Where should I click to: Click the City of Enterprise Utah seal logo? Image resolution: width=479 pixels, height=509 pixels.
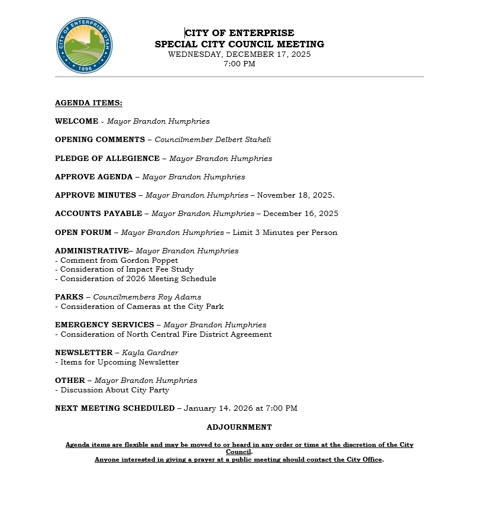(x=84, y=45)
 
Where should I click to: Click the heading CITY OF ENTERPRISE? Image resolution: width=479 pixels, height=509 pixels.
(x=239, y=33)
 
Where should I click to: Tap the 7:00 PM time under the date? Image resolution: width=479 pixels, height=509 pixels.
(x=239, y=64)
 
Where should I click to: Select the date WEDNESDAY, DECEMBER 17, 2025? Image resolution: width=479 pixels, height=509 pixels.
(x=239, y=54)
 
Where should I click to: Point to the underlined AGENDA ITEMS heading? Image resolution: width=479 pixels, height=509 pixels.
(x=89, y=103)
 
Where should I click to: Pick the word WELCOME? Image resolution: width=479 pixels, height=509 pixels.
(x=76, y=121)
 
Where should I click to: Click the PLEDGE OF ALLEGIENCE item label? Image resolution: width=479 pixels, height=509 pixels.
(x=107, y=159)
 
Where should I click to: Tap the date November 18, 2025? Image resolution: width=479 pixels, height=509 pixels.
(x=296, y=195)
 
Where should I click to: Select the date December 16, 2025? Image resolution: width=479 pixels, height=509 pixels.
(x=300, y=214)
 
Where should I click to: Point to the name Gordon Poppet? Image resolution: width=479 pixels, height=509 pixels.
(x=149, y=260)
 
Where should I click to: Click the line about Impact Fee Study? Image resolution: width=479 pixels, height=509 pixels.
(x=127, y=269)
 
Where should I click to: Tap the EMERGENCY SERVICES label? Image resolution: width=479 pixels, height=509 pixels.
(x=104, y=325)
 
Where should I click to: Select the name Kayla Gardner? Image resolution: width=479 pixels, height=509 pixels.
(x=150, y=353)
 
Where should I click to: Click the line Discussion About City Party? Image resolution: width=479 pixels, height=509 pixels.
(x=112, y=390)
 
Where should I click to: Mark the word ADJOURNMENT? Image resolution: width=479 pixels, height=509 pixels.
(x=239, y=427)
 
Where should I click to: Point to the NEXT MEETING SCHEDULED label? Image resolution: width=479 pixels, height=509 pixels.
(x=115, y=408)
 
